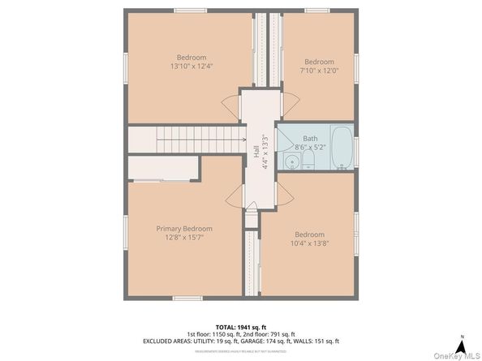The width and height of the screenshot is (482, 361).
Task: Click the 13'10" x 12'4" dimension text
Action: (x=192, y=67)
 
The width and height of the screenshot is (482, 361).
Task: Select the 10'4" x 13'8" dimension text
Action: (x=309, y=243)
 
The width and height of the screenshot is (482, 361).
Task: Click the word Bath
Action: (x=310, y=139)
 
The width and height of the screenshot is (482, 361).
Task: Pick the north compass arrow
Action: (x=460, y=337)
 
